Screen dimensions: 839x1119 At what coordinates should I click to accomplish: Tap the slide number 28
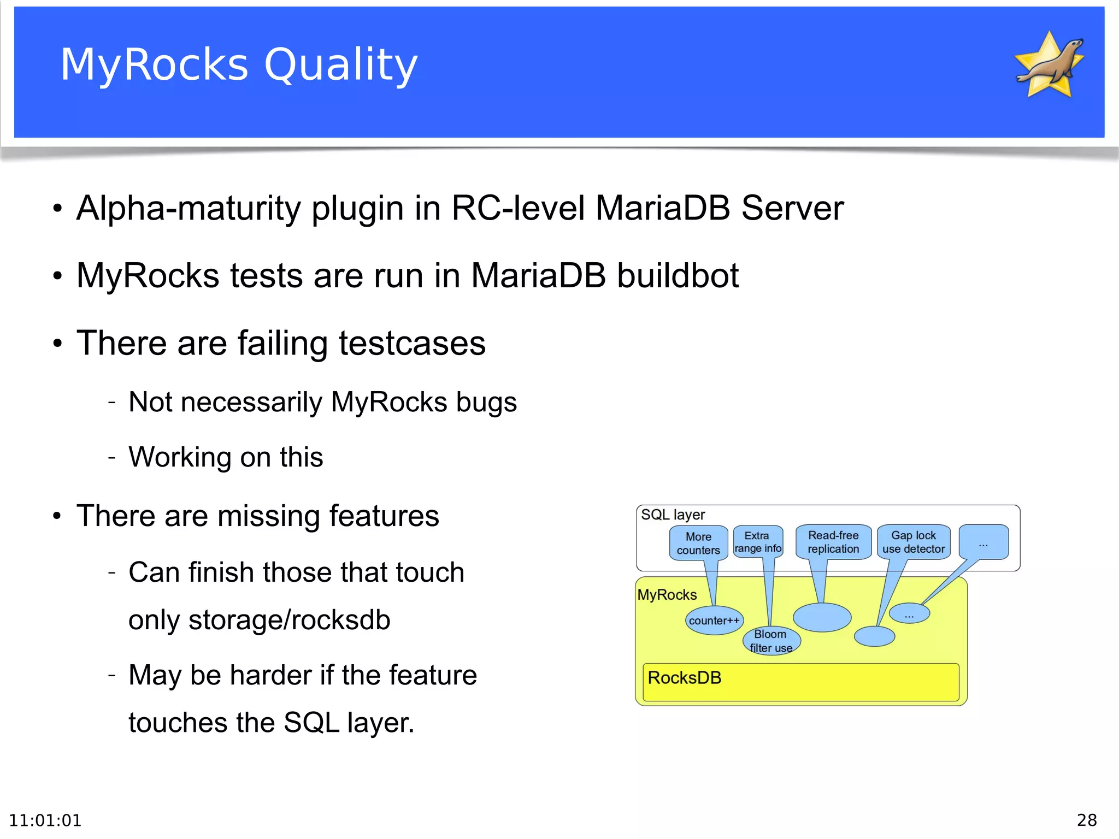pos(1086,820)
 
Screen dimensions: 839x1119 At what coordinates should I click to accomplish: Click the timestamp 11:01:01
pos(45,820)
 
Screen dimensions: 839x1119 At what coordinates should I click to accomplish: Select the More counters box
pos(698,543)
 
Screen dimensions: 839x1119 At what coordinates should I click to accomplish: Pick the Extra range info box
pos(757,542)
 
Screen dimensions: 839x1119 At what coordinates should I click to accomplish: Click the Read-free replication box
pos(833,542)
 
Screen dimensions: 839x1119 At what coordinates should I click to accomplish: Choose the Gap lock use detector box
pos(914,542)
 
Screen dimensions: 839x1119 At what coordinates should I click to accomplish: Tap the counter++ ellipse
pos(714,621)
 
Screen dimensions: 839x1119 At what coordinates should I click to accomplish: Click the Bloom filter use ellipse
pos(771,641)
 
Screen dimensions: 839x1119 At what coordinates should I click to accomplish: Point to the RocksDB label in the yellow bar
pos(684,678)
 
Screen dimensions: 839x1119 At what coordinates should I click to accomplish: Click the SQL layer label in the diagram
pos(673,515)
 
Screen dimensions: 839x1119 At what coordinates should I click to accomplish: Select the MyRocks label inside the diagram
pos(667,595)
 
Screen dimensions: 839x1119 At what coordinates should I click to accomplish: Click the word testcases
pos(412,343)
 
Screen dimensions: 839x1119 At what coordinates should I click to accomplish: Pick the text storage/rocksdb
pos(289,620)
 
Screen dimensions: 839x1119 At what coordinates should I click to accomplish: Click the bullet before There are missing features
pos(57,516)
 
